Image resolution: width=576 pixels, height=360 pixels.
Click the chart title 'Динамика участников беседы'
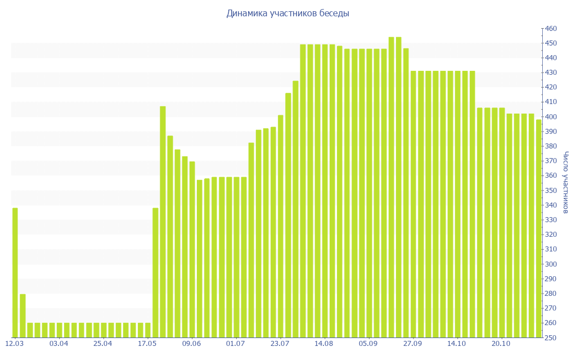pyautogui.click(x=287, y=13)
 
